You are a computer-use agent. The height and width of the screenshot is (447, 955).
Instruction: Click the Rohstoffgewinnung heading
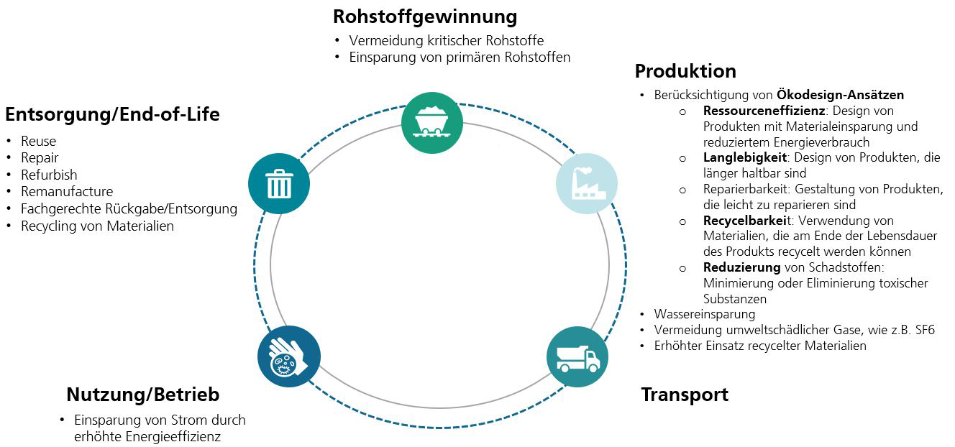tap(425, 16)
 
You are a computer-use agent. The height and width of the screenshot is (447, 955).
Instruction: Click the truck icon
tap(577, 357)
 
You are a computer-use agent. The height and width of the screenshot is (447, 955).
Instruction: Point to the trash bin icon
tap(279, 183)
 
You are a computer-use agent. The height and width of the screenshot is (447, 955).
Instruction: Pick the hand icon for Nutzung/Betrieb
tap(288, 357)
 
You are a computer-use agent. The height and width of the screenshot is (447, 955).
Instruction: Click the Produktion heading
tap(685, 71)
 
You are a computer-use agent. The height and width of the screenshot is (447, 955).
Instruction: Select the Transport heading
tap(685, 395)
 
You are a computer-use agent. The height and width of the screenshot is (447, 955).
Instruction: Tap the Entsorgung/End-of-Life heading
tap(112, 114)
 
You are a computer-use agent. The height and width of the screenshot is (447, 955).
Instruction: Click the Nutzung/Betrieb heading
tap(142, 395)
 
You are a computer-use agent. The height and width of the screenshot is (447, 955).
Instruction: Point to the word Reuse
tap(38, 142)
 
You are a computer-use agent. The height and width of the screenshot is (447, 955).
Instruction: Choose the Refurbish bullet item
tap(49, 175)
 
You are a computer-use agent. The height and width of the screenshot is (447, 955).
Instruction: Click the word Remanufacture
tap(67, 192)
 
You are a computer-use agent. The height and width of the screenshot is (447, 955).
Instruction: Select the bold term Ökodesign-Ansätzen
tap(840, 95)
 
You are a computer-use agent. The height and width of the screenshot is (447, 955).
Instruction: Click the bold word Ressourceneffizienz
tap(764, 111)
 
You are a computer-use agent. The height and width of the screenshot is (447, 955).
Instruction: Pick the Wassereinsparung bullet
tap(704, 314)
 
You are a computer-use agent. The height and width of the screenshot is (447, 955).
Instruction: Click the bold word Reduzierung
tap(741, 267)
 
